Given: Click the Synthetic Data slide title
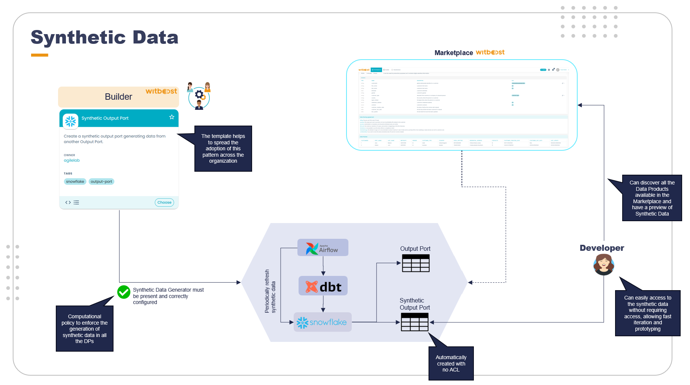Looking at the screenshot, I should [x=105, y=37].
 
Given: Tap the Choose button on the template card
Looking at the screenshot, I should [x=164, y=202].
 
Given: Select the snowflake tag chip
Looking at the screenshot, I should [x=75, y=181].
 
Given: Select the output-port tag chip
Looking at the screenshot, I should [x=101, y=181].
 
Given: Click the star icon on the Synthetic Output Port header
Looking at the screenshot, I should [x=172, y=117].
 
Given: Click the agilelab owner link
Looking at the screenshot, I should [x=72, y=160].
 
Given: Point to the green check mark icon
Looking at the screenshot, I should [x=124, y=292].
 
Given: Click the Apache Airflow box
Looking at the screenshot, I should [x=323, y=248].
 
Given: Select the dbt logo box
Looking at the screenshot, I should [x=323, y=286].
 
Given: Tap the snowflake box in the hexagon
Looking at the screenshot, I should [x=322, y=322].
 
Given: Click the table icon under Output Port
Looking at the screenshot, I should [x=415, y=263].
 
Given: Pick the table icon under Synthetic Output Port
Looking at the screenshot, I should [x=414, y=322].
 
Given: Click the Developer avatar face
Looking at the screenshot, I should [x=603, y=264].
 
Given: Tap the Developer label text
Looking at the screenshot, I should [x=602, y=248].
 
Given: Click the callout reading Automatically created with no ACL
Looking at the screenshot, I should [x=451, y=363].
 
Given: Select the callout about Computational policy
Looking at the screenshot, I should [x=84, y=329].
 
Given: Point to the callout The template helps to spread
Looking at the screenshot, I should [x=223, y=148].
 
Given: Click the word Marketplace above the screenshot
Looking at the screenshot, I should [x=453, y=53].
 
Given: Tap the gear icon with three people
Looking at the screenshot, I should [x=199, y=96].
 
